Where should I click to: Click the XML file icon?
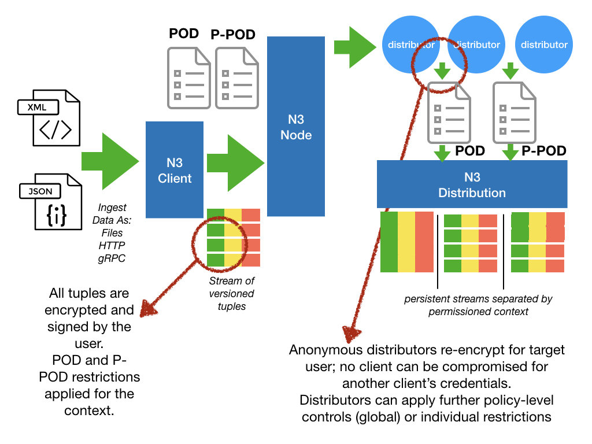pos(49,117)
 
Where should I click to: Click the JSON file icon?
pos(51,202)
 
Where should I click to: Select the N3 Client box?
pos(175,169)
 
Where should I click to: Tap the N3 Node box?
pos(296,126)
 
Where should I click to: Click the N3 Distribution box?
pos(472,184)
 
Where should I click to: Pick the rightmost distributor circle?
pos(544,45)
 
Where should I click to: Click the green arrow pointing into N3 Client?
pos(110,161)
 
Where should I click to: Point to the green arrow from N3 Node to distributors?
pos(356,47)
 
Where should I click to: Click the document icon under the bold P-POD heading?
pos(236,78)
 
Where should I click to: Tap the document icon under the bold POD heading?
pos(189,78)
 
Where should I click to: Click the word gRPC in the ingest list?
pos(112,258)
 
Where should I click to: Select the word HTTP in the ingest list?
pos(112,246)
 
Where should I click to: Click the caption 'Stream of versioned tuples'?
pos(232,293)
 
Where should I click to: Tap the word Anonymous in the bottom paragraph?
pos(325,350)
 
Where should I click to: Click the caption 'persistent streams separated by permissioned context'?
pos(478,305)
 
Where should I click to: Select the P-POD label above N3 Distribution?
pos(543,151)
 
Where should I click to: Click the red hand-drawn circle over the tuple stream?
pos(219,243)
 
